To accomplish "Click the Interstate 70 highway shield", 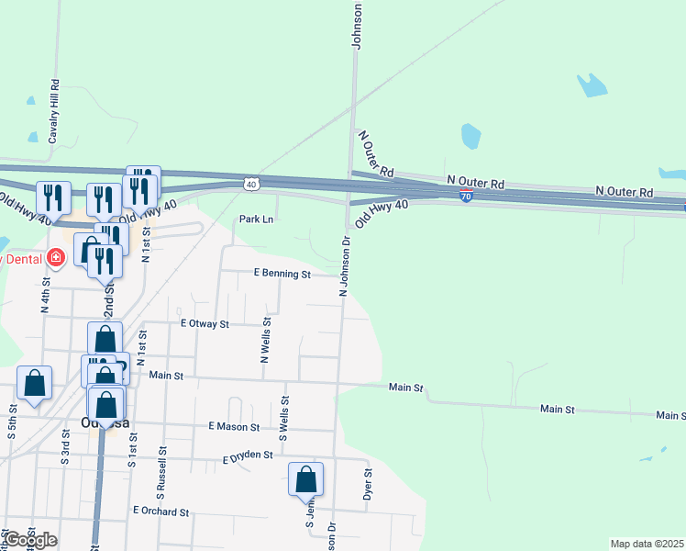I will [467, 197].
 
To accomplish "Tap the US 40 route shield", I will [251, 185].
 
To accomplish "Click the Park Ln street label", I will [256, 219].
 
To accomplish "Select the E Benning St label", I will [282, 274].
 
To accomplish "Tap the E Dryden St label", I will [248, 455].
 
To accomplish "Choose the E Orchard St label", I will [160, 511].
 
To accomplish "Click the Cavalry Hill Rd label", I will [55, 110].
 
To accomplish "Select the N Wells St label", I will [265, 341].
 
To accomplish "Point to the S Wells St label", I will [284, 418].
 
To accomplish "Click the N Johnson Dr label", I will [346, 266].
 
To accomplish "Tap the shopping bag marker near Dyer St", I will [306, 480].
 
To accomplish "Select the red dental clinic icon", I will [56, 258].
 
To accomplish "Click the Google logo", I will [29, 540].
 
